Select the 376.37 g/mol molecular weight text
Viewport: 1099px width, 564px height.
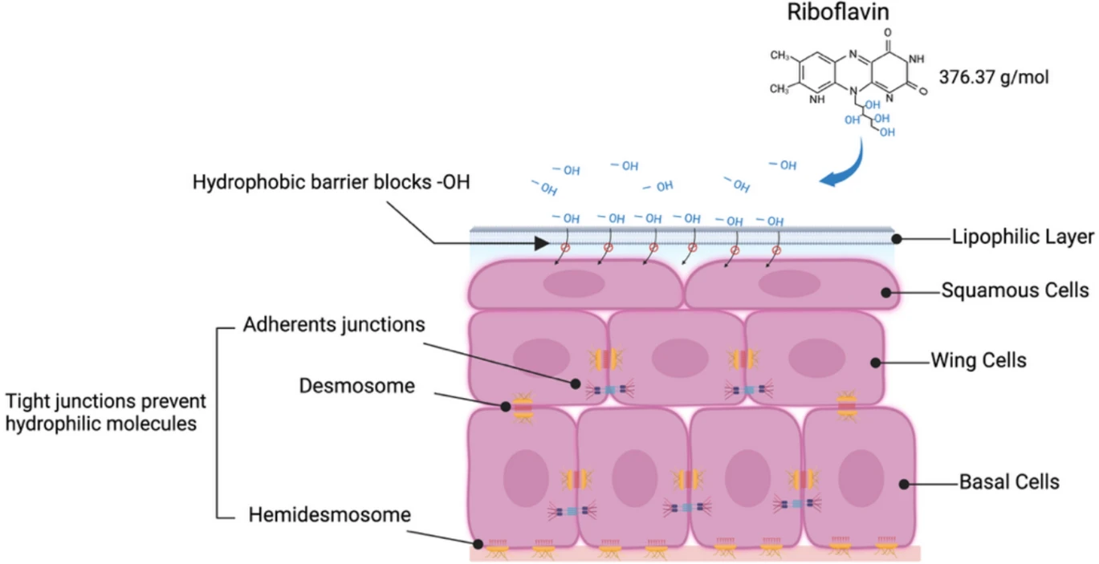click(994, 79)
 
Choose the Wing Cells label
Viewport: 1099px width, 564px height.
click(978, 360)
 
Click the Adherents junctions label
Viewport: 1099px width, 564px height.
click(333, 327)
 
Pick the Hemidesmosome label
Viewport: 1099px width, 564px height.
click(330, 514)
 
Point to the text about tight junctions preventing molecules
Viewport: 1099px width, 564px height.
click(106, 412)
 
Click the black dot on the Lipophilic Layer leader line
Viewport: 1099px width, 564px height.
click(899, 238)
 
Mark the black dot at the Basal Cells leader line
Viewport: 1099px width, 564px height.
click(904, 484)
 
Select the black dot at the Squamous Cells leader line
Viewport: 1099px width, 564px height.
click(887, 293)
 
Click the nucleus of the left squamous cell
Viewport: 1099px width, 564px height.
click(573, 283)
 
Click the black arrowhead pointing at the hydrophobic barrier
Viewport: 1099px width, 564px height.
click(537, 241)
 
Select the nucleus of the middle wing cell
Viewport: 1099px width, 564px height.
click(679, 358)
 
